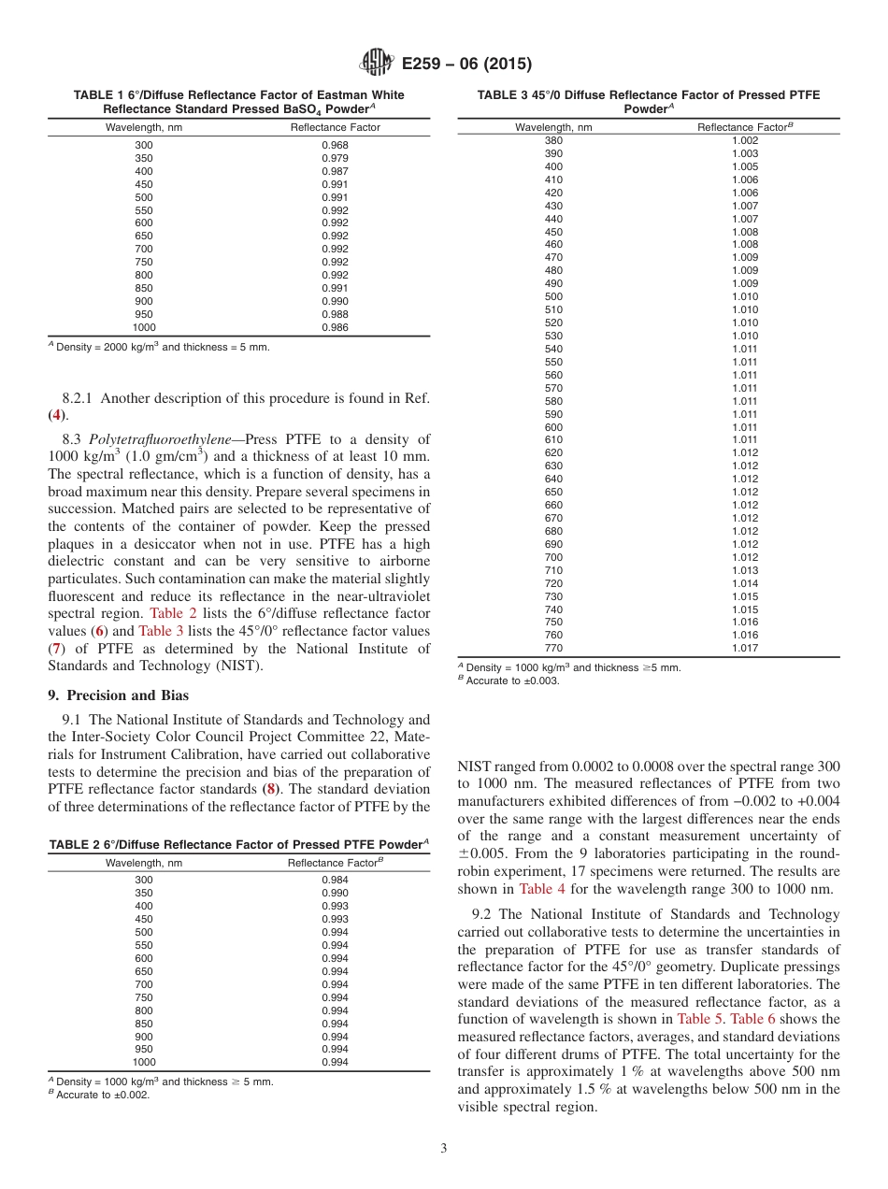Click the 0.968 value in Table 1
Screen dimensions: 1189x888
click(x=335, y=145)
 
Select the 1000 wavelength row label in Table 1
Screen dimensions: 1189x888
click(x=144, y=328)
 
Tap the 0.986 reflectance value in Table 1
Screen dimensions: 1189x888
click(x=335, y=328)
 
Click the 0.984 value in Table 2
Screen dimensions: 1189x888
click(x=335, y=880)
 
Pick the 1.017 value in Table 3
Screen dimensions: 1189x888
click(x=745, y=648)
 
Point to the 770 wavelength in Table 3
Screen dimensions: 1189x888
click(x=553, y=648)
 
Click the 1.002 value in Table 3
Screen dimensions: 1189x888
click(x=745, y=140)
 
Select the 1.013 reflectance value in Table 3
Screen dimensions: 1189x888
click(x=745, y=570)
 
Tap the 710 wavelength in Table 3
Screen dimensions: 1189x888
click(x=553, y=570)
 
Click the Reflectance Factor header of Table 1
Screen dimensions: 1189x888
click(x=335, y=127)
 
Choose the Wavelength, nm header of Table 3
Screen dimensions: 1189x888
click(x=553, y=127)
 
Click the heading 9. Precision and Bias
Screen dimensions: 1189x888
click(x=118, y=695)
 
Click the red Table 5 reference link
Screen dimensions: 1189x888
click(x=698, y=1019)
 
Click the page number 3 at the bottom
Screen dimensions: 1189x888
click(x=443, y=1149)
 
